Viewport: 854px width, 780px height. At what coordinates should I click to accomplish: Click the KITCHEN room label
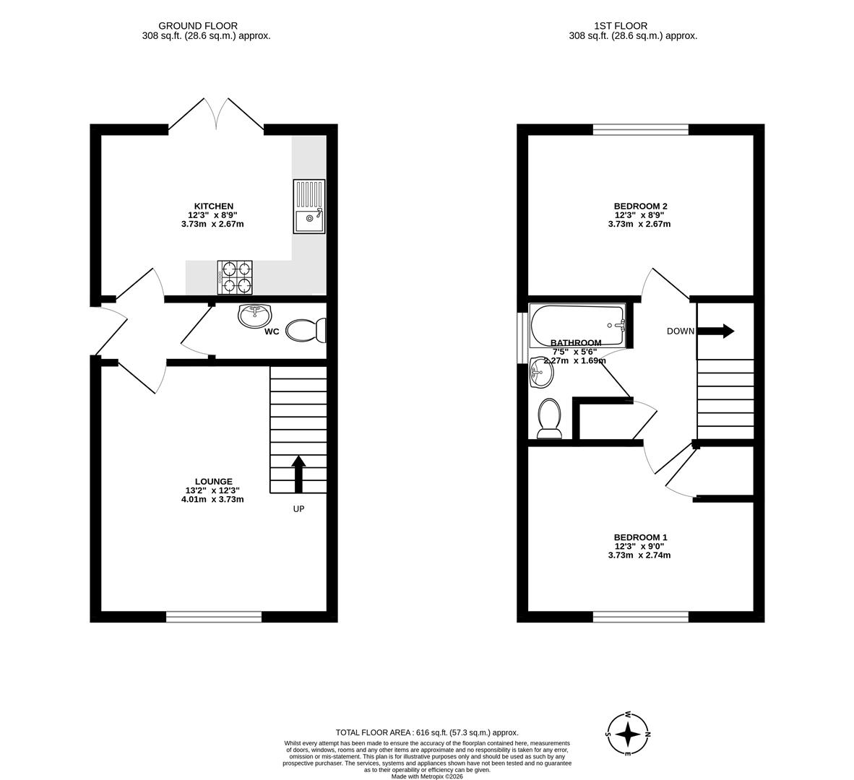coord(212,206)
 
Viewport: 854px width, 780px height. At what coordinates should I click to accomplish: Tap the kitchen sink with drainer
coord(309,207)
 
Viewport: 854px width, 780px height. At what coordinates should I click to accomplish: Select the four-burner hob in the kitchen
coord(236,277)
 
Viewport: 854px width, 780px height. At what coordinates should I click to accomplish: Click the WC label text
coord(272,332)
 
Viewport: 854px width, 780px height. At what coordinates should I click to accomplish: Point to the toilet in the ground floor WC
coord(306,331)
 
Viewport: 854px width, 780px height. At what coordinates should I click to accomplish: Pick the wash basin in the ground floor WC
coord(254,315)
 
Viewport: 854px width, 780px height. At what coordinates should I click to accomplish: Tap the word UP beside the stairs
coord(298,509)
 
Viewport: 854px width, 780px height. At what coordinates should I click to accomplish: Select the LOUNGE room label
coord(213,482)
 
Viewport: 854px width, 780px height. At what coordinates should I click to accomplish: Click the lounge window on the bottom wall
coord(214,617)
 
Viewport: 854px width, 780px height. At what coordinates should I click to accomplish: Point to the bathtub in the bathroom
coord(577,324)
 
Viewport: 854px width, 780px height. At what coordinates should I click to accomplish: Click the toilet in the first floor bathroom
coord(550,419)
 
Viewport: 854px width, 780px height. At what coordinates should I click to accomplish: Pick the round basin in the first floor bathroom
coord(541,373)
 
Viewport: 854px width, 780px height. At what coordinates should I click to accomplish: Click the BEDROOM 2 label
coord(639,206)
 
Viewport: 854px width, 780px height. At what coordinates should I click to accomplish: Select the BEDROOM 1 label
coord(640,537)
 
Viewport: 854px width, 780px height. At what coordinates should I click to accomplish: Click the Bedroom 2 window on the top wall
coord(641,130)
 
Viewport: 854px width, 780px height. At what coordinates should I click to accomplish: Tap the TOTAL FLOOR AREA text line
coord(427,732)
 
